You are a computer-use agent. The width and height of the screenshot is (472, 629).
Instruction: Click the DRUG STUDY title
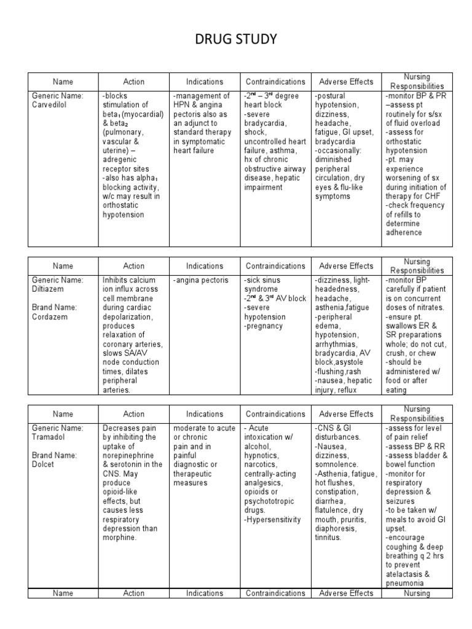[235, 41]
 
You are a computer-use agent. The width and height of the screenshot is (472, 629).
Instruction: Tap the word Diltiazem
[48, 289]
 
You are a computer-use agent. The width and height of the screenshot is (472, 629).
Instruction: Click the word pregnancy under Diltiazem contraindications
[264, 326]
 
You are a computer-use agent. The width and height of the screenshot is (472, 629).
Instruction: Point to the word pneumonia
[404, 583]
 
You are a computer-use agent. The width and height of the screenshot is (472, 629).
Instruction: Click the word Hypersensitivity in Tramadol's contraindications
[273, 519]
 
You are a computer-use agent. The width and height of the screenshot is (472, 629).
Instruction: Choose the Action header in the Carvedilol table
[133, 82]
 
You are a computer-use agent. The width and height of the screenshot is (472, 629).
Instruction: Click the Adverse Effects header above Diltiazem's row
[346, 266]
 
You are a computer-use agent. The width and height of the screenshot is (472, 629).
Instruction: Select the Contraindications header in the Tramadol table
[275, 414]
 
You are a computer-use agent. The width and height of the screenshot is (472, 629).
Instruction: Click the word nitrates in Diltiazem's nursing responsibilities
[424, 308]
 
